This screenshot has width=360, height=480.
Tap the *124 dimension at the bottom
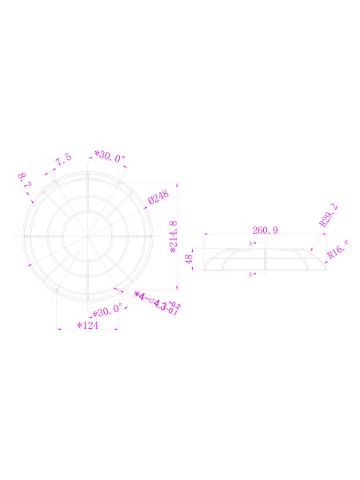[87, 326]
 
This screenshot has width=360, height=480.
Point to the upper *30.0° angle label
[110, 157]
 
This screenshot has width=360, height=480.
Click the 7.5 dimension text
[63, 161]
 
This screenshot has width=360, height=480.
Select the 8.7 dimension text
[25, 180]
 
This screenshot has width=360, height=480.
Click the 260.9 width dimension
[265, 230]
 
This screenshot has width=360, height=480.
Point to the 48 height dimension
[190, 259]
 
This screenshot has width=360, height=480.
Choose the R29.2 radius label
[329, 215]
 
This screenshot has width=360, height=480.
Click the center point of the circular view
[87, 236]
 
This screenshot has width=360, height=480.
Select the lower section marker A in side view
[251, 274]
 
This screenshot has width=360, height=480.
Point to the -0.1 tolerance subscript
[174, 311]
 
